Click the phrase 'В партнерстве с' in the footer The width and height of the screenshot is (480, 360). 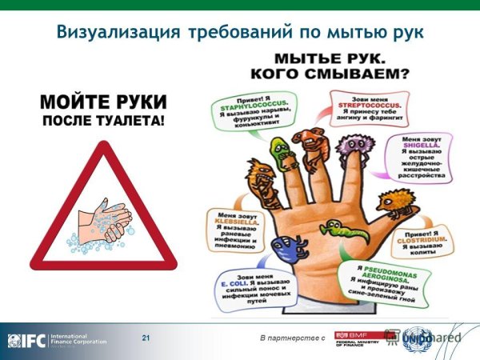coord(291,341)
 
